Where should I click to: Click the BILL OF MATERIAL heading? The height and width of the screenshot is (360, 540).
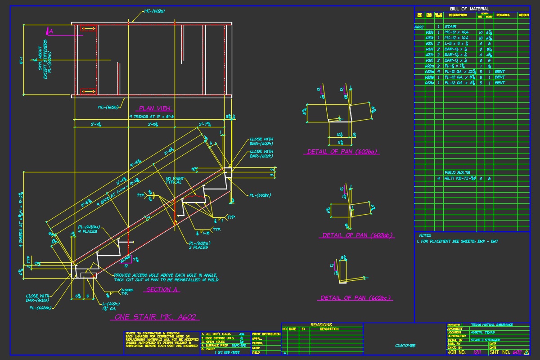pyautogui.click(x=469, y=9)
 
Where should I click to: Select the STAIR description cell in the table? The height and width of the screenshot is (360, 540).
pyautogui.click(x=450, y=27)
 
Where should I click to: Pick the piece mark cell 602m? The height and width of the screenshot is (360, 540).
pyautogui.click(x=429, y=66)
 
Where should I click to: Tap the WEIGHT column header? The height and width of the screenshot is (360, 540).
pyautogui.click(x=523, y=15)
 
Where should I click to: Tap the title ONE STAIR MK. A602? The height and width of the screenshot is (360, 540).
pyautogui.click(x=155, y=317)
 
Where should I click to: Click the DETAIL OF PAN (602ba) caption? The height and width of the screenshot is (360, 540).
pyautogui.click(x=343, y=152)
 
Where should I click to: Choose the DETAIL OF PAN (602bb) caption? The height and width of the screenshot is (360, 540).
pyautogui.click(x=358, y=235)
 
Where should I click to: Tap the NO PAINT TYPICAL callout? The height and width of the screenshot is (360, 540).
pyautogui.click(x=174, y=180)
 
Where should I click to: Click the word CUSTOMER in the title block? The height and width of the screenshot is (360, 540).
pyautogui.click(x=405, y=346)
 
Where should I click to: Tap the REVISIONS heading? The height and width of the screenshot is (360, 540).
pyautogui.click(x=321, y=324)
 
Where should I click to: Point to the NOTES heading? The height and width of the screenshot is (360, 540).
pyautogui.click(x=425, y=235)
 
